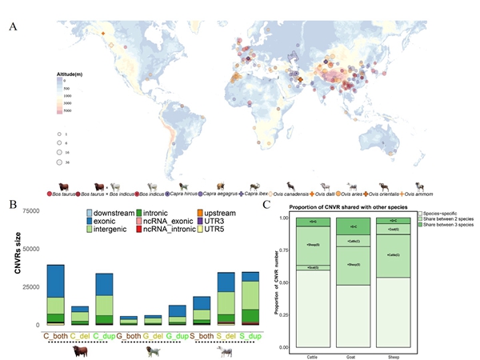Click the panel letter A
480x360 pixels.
coord(12,26)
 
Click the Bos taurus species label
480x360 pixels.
coord(66,194)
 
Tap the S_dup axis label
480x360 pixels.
coord(250,335)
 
